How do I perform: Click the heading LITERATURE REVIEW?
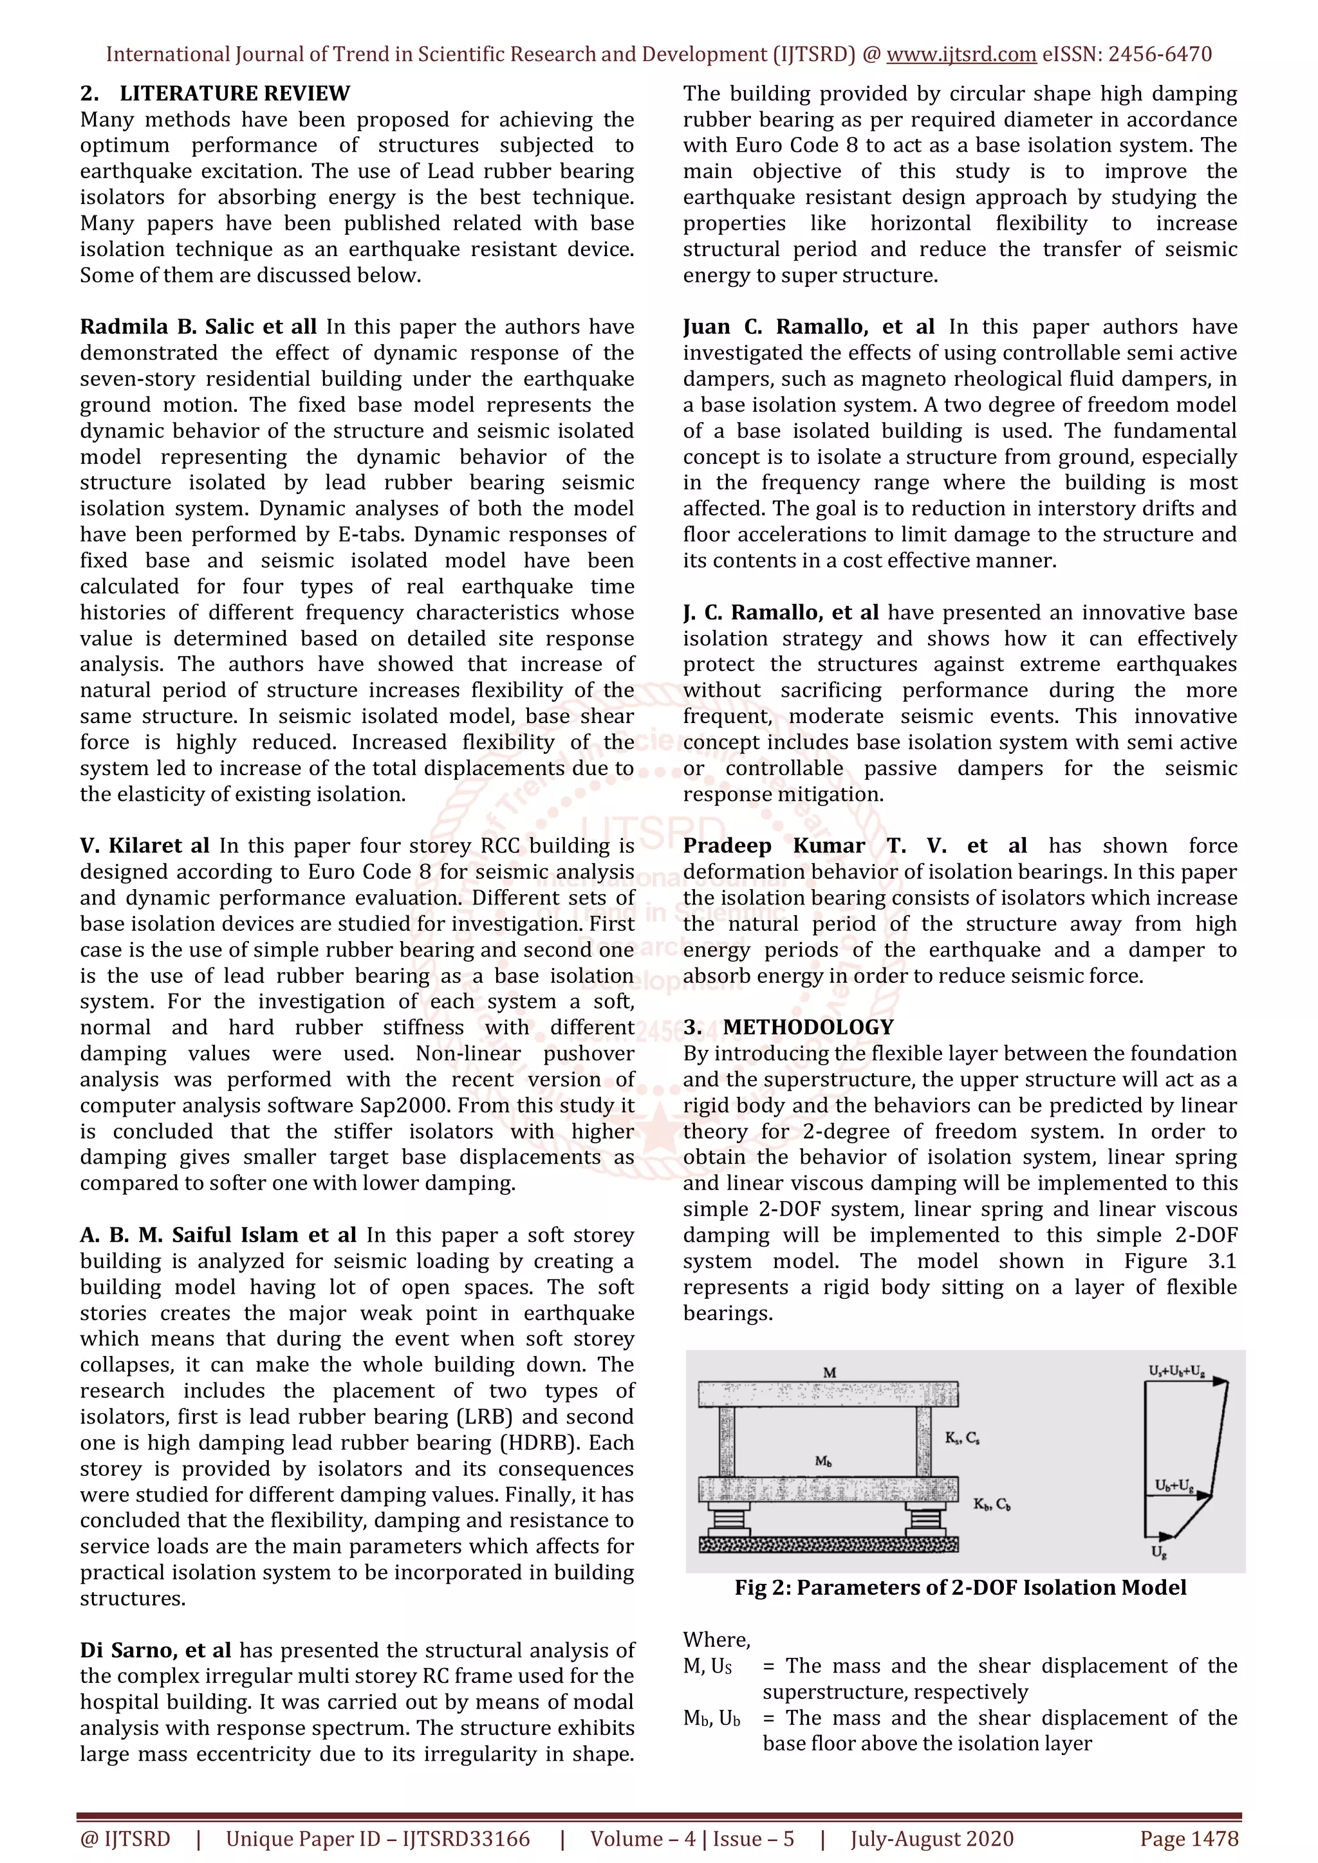point(234,93)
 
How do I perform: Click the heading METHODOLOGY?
point(808,1027)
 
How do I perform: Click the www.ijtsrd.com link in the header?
point(961,55)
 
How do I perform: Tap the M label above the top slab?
point(830,1373)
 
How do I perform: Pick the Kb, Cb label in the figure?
point(992,1504)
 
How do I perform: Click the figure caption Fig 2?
point(960,1588)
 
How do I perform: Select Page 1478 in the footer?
point(1189,1839)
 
